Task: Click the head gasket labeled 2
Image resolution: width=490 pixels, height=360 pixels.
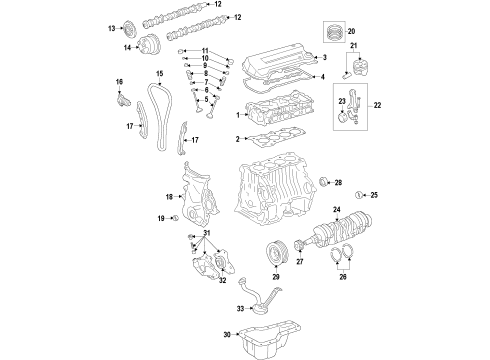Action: click(x=262, y=143)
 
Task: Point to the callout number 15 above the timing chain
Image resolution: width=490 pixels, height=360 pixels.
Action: click(x=158, y=74)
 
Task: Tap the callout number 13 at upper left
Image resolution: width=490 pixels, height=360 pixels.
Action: click(x=112, y=29)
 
